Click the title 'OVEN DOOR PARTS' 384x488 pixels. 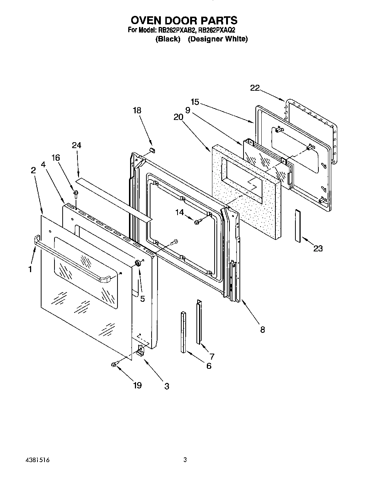click(x=184, y=20)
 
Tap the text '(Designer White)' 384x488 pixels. click(x=217, y=39)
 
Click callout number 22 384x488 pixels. click(x=255, y=88)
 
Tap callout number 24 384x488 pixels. click(x=76, y=145)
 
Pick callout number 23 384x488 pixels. click(x=318, y=248)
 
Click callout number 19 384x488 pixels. click(x=137, y=385)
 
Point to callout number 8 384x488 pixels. click(x=262, y=329)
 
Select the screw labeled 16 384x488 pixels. click(x=76, y=193)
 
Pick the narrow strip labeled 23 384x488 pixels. click(x=298, y=225)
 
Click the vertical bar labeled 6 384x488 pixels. click(x=183, y=332)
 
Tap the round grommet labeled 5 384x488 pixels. click(x=137, y=263)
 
